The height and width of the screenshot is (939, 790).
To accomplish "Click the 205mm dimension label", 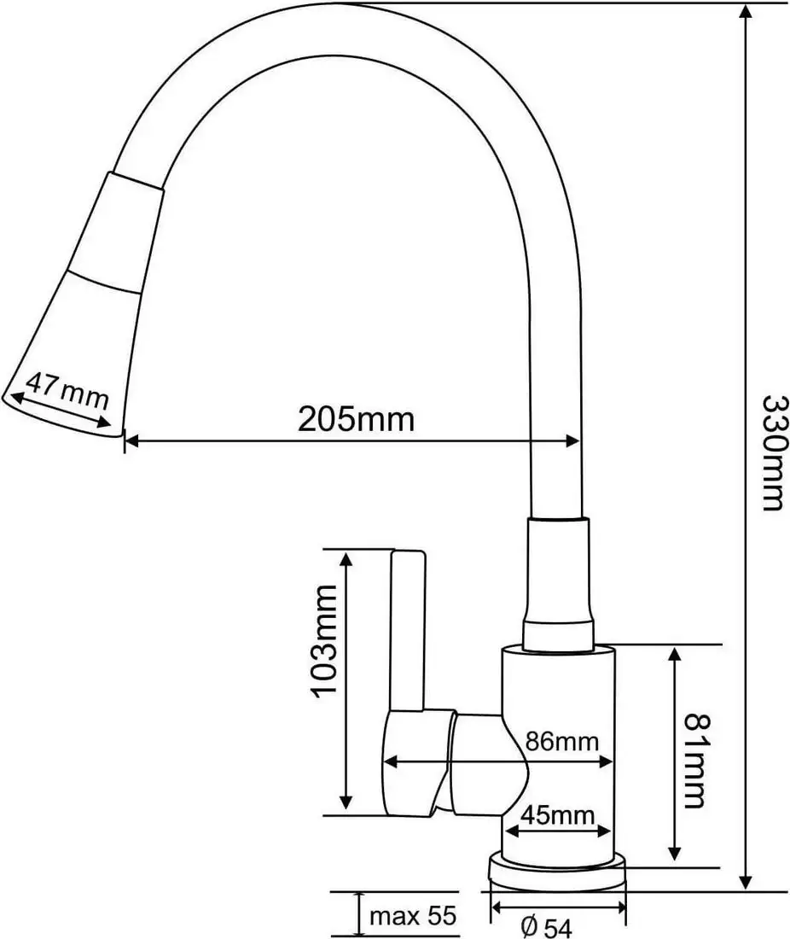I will [x=356, y=419].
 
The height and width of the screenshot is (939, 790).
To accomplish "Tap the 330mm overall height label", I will [x=770, y=452].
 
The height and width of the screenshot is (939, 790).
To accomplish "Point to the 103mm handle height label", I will [x=328, y=642].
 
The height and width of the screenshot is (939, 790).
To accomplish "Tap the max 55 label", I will [x=413, y=917].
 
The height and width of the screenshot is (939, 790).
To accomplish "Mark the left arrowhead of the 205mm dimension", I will [x=131, y=441].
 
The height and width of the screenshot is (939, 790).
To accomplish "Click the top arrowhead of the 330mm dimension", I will [x=747, y=13].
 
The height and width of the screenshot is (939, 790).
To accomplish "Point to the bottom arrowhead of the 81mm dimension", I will [x=675, y=853].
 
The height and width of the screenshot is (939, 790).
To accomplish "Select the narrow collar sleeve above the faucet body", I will [x=556, y=580].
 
